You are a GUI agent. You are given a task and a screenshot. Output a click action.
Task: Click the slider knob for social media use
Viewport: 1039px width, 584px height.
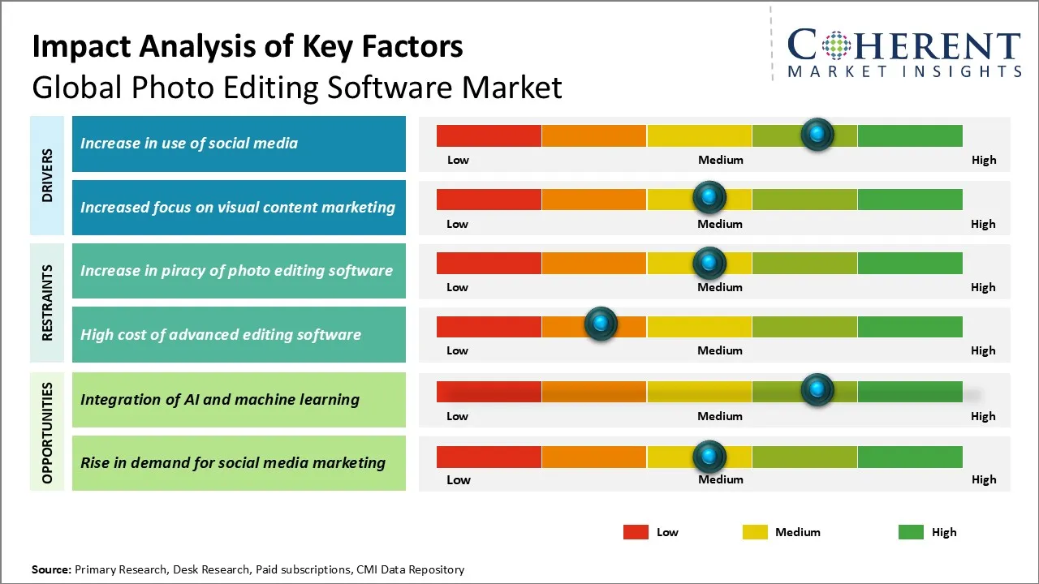pyautogui.click(x=817, y=134)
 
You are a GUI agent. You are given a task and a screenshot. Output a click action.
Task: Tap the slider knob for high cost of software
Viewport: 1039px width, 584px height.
pyautogui.click(x=601, y=324)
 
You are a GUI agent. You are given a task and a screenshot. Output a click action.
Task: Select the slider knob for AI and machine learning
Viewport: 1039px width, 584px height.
pyautogui.click(x=817, y=390)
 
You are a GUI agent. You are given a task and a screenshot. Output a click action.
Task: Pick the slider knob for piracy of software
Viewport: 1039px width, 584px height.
pyautogui.click(x=709, y=263)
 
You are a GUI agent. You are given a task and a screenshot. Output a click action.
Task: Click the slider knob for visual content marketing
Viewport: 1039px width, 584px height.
pyautogui.click(x=709, y=197)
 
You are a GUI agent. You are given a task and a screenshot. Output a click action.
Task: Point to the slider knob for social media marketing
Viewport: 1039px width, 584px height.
pyautogui.click(x=709, y=457)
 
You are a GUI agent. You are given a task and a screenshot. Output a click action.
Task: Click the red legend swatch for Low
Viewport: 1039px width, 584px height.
pyautogui.click(x=636, y=532)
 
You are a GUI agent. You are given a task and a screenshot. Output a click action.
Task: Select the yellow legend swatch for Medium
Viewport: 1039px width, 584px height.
pyautogui.click(x=755, y=532)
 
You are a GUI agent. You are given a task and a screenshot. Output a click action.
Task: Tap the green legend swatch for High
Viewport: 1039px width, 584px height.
pyautogui.click(x=911, y=532)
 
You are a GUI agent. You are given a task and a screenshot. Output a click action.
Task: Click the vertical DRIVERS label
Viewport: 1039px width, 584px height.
pyautogui.click(x=47, y=175)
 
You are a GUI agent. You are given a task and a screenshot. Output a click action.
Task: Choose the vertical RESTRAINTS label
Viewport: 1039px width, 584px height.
pyautogui.click(x=47, y=303)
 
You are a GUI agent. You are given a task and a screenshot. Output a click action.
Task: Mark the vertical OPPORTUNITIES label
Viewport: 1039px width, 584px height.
pyautogui.click(x=47, y=432)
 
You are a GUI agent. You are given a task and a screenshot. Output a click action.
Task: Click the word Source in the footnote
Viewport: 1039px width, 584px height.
pyautogui.click(x=51, y=569)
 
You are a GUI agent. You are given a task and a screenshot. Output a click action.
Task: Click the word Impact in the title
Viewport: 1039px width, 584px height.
pyautogui.click(x=84, y=47)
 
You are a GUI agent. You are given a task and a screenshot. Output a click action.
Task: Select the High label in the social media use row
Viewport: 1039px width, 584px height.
pyautogui.click(x=984, y=160)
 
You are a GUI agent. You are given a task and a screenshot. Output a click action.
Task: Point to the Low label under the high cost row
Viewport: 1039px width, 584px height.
pyautogui.click(x=457, y=350)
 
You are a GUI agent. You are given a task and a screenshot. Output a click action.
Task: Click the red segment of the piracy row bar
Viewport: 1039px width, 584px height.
pyautogui.click(x=489, y=263)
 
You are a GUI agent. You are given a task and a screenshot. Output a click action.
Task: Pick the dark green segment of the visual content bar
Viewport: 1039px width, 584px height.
pyautogui.click(x=910, y=199)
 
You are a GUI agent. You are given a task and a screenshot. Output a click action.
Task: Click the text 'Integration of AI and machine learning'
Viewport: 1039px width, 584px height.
pyautogui.click(x=220, y=399)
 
